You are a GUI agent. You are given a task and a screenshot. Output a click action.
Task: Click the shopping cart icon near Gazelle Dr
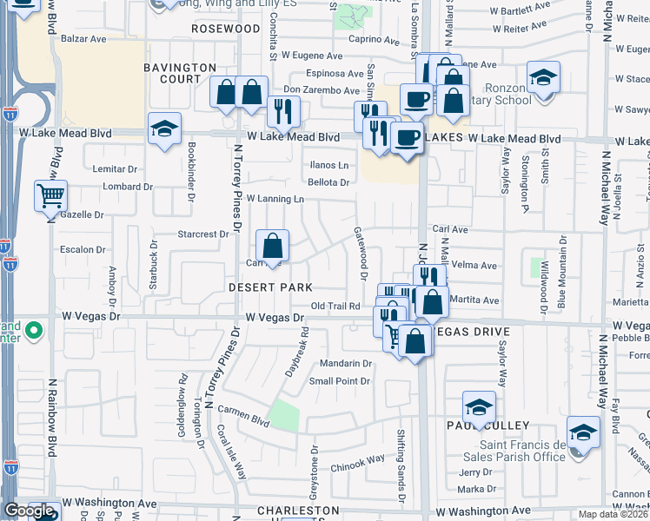[51, 196]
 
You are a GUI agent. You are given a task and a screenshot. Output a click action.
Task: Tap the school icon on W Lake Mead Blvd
[164, 129]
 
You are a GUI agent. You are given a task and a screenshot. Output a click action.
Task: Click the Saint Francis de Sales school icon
[583, 432]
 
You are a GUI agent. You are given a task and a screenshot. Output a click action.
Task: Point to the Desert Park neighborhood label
[270, 287]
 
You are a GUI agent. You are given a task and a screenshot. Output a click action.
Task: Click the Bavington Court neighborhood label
[180, 73]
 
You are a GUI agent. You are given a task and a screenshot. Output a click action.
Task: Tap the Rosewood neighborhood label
[227, 29]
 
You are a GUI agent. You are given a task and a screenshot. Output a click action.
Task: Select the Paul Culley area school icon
[479, 407]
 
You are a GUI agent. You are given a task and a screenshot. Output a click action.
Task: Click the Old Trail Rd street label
[335, 306]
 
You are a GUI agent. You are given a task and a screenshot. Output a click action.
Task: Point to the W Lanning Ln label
[275, 199]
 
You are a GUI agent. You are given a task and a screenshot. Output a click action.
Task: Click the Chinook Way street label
[357, 460]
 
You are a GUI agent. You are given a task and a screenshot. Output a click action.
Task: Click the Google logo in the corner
[29, 511]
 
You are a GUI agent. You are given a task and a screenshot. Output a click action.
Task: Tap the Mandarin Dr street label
[346, 364]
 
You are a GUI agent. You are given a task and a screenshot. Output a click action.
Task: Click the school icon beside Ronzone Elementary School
[544, 81]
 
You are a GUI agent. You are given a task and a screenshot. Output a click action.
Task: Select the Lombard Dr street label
[128, 187]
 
